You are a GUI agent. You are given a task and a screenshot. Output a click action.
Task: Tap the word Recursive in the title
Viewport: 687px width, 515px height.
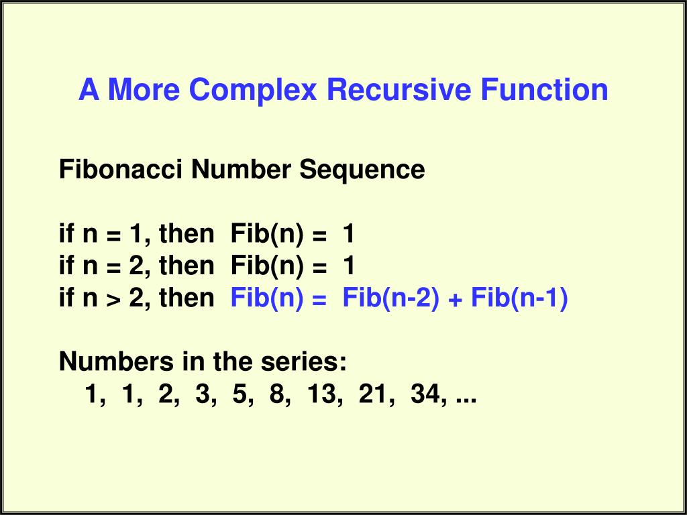401,90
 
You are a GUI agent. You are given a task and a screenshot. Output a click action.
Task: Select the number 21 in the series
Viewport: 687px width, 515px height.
372,395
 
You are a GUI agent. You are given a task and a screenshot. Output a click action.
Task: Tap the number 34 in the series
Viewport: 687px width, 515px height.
424,395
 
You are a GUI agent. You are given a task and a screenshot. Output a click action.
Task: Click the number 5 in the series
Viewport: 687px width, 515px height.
240,395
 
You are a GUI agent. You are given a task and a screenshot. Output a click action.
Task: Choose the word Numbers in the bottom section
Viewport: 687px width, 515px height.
115,363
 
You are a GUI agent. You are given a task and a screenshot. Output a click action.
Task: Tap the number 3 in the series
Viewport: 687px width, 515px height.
202,395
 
